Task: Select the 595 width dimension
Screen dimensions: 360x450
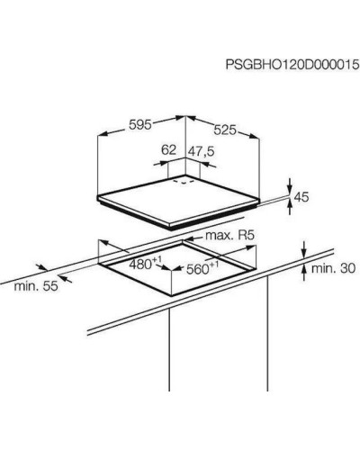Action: (140, 125)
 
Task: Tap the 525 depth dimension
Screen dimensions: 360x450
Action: (225, 130)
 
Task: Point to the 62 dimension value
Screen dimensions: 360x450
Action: (168, 150)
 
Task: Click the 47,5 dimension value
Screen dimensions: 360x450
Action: (201, 151)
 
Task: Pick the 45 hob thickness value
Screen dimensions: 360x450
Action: (301, 197)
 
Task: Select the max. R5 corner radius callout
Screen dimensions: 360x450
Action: (229, 236)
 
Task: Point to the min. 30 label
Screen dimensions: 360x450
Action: (333, 268)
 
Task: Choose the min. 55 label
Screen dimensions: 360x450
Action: (36, 286)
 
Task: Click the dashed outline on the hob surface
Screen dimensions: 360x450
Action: (183, 182)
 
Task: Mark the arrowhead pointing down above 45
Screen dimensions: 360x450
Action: (290, 189)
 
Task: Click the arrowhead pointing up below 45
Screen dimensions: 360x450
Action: (290, 205)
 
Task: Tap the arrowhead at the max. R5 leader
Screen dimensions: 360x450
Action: (189, 239)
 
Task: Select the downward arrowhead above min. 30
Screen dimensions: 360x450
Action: (304, 254)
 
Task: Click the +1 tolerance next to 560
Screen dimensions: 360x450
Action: (213, 265)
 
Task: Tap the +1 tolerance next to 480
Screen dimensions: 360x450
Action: (157, 259)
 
